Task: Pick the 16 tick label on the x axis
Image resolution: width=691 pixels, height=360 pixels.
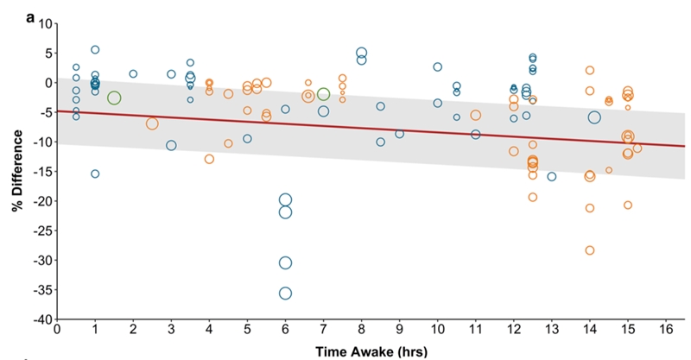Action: [666, 330]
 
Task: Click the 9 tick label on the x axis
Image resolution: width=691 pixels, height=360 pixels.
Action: [399, 330]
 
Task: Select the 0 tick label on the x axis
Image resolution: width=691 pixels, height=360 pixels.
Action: [57, 330]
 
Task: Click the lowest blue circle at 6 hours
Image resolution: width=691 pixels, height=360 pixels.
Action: [285, 293]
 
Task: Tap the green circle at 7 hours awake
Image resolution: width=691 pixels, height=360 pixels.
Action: [323, 95]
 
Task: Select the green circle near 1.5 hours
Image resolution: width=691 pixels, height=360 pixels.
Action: [114, 98]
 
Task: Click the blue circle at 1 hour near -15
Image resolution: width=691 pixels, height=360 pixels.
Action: [95, 174]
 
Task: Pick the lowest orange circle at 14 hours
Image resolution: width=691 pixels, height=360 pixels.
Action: [590, 250]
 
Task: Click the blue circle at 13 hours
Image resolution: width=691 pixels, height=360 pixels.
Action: [552, 176]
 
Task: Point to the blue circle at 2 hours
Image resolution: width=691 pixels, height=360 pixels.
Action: [133, 74]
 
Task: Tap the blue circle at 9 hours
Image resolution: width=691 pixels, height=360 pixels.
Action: [399, 134]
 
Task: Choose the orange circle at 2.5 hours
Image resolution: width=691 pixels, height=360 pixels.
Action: [152, 123]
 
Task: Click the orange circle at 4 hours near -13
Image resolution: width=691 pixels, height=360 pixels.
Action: [209, 159]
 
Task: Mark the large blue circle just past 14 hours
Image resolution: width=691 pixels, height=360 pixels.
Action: [594, 117]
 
